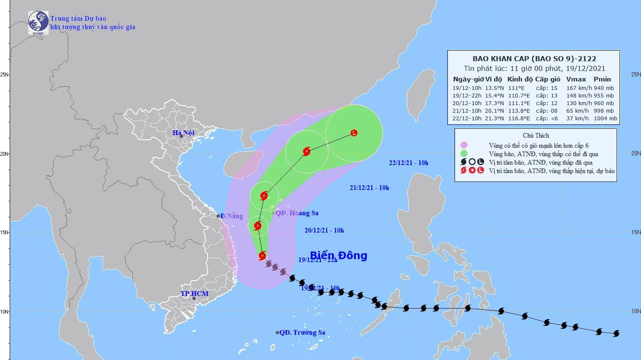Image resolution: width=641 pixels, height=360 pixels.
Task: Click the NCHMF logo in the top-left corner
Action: (x=38, y=22)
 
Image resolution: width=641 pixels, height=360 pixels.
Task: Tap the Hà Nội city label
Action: (x=184, y=133)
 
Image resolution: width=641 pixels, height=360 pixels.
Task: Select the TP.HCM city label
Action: (x=195, y=293)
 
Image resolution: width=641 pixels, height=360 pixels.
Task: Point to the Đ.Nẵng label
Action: (x=232, y=216)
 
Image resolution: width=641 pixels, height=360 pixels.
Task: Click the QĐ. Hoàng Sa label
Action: (x=297, y=213)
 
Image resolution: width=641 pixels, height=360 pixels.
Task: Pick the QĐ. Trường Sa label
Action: (x=302, y=333)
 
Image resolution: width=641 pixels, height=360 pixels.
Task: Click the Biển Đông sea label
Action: (x=338, y=255)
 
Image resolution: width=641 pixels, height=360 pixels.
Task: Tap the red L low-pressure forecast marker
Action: (x=354, y=133)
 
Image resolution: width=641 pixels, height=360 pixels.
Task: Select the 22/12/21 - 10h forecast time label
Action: (x=408, y=163)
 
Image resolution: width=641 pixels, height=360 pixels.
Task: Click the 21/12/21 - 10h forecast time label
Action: (x=369, y=188)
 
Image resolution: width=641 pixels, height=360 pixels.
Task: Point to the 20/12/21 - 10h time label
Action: (x=324, y=230)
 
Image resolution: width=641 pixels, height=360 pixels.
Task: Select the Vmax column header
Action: (x=576, y=79)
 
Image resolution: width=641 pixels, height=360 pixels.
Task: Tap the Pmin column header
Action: (x=602, y=79)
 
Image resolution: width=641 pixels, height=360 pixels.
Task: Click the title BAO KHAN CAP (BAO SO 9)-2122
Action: (x=534, y=59)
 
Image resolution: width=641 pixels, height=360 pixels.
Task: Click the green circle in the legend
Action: (x=464, y=154)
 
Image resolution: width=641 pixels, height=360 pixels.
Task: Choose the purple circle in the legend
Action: (x=464, y=145)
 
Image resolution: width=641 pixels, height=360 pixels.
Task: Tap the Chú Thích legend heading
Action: (x=536, y=135)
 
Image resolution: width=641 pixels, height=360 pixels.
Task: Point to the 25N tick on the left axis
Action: (x=5, y=75)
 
